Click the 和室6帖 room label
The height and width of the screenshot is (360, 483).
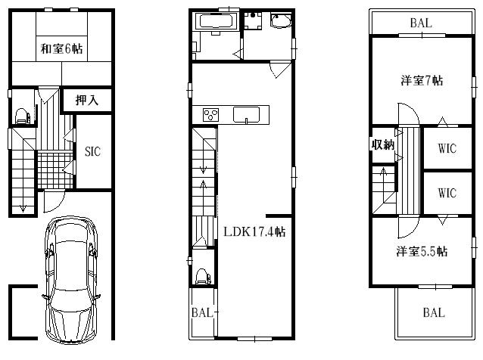coord(62,49)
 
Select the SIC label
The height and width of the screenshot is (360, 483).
coord(92,151)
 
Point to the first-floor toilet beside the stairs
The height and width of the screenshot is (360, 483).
coord(22,116)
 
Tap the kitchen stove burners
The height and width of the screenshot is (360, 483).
coord(210,116)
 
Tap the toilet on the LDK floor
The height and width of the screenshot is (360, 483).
coord(202,276)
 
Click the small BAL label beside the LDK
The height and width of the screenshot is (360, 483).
coord(202,312)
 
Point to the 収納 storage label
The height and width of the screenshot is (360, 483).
coord(382,144)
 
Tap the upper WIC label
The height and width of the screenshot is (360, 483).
coord(447,147)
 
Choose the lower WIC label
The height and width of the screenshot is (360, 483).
coord(447,194)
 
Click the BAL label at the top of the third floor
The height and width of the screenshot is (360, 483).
coord(421,23)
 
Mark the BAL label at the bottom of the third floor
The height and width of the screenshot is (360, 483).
coord(434,312)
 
